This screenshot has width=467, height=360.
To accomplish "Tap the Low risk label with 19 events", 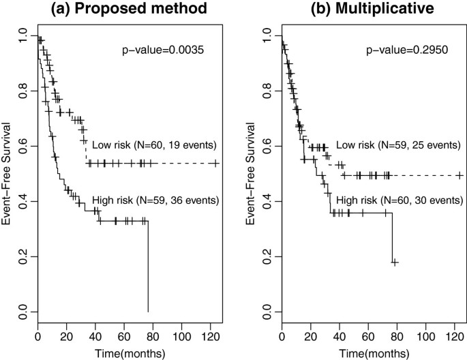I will coord(155,145).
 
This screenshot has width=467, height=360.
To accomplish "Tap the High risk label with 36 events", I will coord(155,200).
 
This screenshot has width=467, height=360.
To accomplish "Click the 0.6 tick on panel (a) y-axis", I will coord(22,145).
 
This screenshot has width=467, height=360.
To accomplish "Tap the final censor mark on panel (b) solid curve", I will coord(394,262).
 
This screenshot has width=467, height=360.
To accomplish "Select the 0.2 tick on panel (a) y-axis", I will coord(22,257).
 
